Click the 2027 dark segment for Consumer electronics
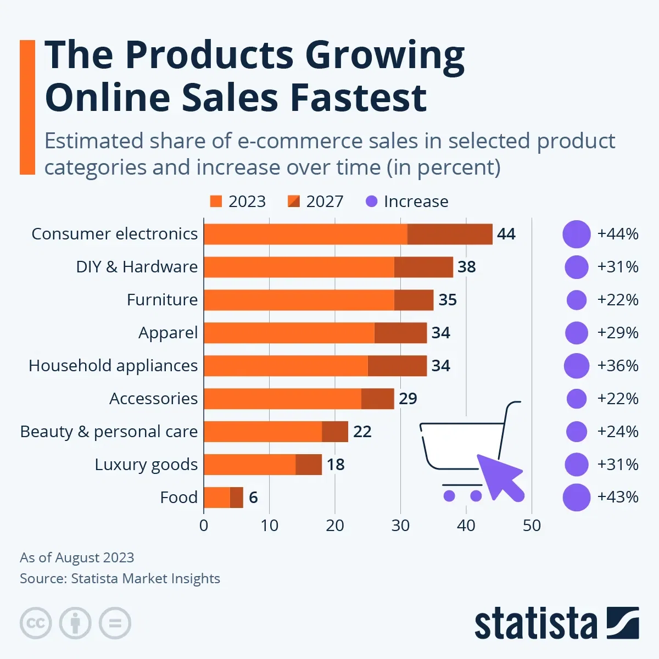coord(450,234)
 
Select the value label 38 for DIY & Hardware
coord(466,267)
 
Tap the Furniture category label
coord(162,300)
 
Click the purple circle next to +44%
coord(576,234)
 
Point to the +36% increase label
coord(618,366)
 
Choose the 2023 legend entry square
coord(216,202)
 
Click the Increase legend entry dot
coord(372,202)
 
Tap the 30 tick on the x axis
coord(400,526)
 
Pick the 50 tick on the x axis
coord(532,526)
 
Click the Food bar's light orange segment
coord(216,498)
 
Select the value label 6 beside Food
coord(253,498)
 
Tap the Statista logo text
coord(535,624)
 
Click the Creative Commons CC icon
coord(36,623)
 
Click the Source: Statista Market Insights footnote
coord(120,578)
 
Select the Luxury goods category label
coord(146,465)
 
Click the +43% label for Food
coord(618,497)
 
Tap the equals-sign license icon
coord(115,623)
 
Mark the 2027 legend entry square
coord(294,202)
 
